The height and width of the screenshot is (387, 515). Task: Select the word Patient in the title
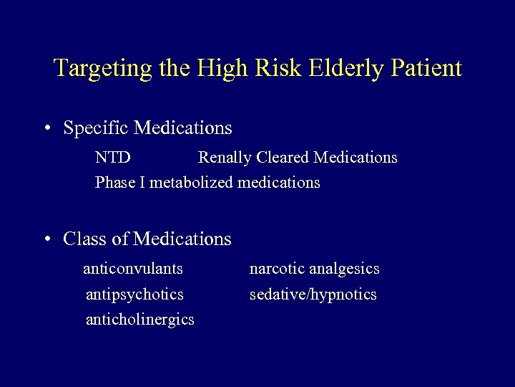pyautogui.click(x=426, y=69)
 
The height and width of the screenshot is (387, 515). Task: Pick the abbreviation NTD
pyautogui.click(x=113, y=158)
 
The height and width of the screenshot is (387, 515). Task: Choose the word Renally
pyautogui.click(x=225, y=158)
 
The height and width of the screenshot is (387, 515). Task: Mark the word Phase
pyautogui.click(x=115, y=183)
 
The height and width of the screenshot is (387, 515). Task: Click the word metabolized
pyautogui.click(x=191, y=183)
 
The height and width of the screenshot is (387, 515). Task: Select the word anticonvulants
pyautogui.click(x=133, y=269)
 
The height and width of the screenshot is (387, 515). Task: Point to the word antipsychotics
pyautogui.click(x=134, y=295)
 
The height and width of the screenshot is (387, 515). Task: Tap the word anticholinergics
pyautogui.click(x=139, y=320)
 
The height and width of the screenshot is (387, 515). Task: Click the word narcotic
pyautogui.click(x=277, y=269)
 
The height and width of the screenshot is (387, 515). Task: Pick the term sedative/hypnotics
pyautogui.click(x=313, y=295)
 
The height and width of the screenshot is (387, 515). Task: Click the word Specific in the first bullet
pyautogui.click(x=96, y=128)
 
